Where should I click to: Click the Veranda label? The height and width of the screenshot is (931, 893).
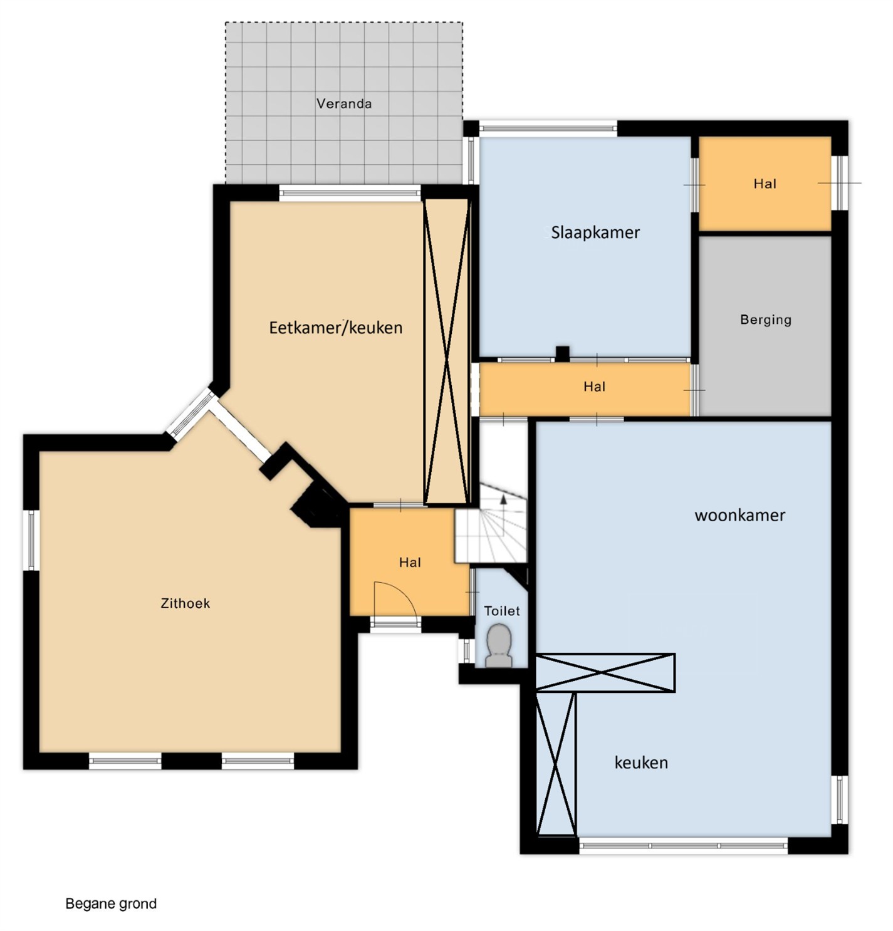343,103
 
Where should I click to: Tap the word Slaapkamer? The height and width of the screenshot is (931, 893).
595,232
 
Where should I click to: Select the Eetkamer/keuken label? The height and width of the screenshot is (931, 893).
335,328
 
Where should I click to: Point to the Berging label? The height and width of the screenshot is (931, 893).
765,320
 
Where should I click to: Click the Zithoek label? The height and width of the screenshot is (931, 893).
185,603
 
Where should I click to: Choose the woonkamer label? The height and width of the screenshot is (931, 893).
739,515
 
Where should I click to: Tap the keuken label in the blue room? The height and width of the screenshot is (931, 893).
641,762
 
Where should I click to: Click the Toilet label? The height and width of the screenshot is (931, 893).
501,610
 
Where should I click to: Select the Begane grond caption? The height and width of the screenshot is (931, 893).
111,903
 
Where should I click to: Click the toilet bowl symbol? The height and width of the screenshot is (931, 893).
499,645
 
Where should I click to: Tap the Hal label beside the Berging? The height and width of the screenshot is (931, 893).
594,386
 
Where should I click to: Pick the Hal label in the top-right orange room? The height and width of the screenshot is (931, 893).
765,184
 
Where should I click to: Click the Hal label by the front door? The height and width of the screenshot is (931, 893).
410,562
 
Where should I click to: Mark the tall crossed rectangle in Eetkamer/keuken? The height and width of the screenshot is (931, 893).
446,351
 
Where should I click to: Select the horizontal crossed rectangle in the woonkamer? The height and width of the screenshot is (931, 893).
605,673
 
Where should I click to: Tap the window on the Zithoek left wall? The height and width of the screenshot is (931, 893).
31,540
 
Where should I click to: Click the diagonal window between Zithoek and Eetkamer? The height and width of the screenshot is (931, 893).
191,415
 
